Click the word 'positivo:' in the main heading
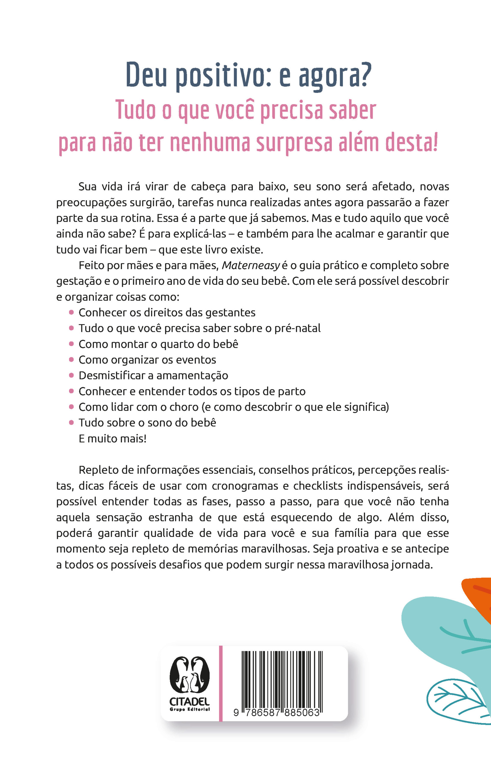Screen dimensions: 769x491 (223, 76)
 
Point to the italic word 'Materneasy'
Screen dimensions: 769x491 (251, 265)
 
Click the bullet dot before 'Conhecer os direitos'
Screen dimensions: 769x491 (71, 312)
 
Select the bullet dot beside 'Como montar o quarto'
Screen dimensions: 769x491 (71, 344)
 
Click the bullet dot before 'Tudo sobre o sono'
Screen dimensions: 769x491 (71, 423)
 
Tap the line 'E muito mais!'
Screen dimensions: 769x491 (112, 439)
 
